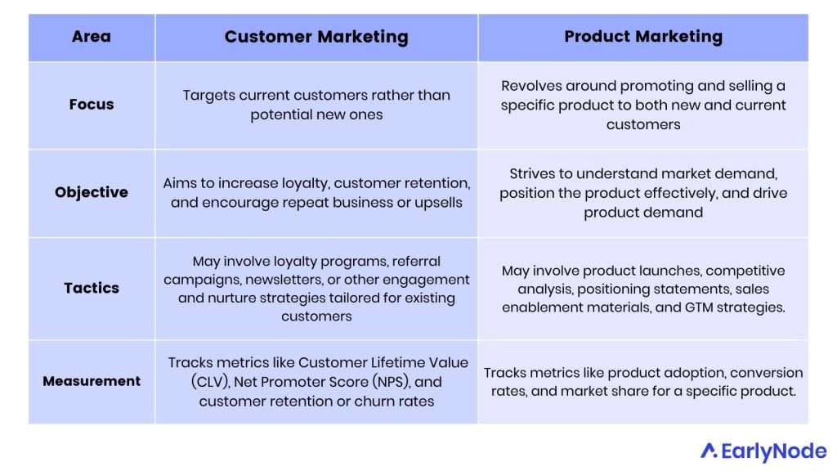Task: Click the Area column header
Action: tap(91, 37)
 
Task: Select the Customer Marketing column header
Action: tap(316, 37)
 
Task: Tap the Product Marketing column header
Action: tap(643, 37)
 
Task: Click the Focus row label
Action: tap(91, 105)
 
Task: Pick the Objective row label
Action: tap(91, 193)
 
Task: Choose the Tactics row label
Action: tap(91, 288)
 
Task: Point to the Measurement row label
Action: tap(91, 381)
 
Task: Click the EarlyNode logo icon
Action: tap(709, 451)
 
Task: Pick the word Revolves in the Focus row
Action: tap(530, 86)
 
